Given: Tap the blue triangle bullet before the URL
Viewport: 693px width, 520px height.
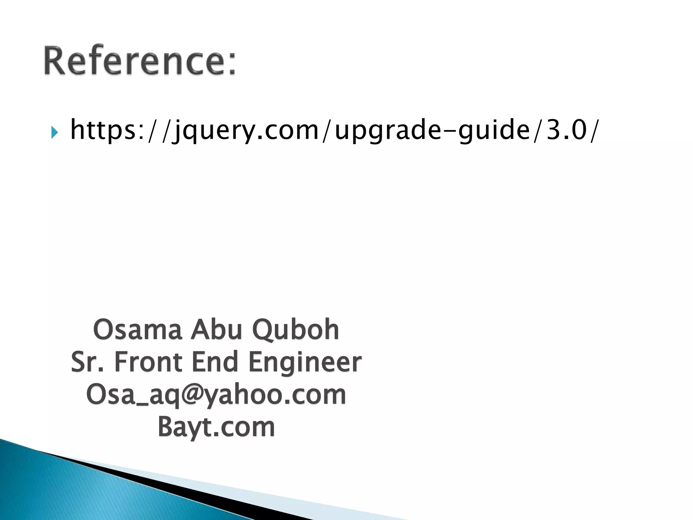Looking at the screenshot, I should (x=54, y=132).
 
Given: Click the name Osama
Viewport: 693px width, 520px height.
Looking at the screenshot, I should (x=137, y=330).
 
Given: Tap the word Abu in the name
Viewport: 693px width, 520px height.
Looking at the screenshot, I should (x=217, y=330).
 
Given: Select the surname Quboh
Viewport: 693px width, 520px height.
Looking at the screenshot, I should (x=296, y=330).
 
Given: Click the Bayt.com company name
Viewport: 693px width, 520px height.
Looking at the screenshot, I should (x=216, y=427).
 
